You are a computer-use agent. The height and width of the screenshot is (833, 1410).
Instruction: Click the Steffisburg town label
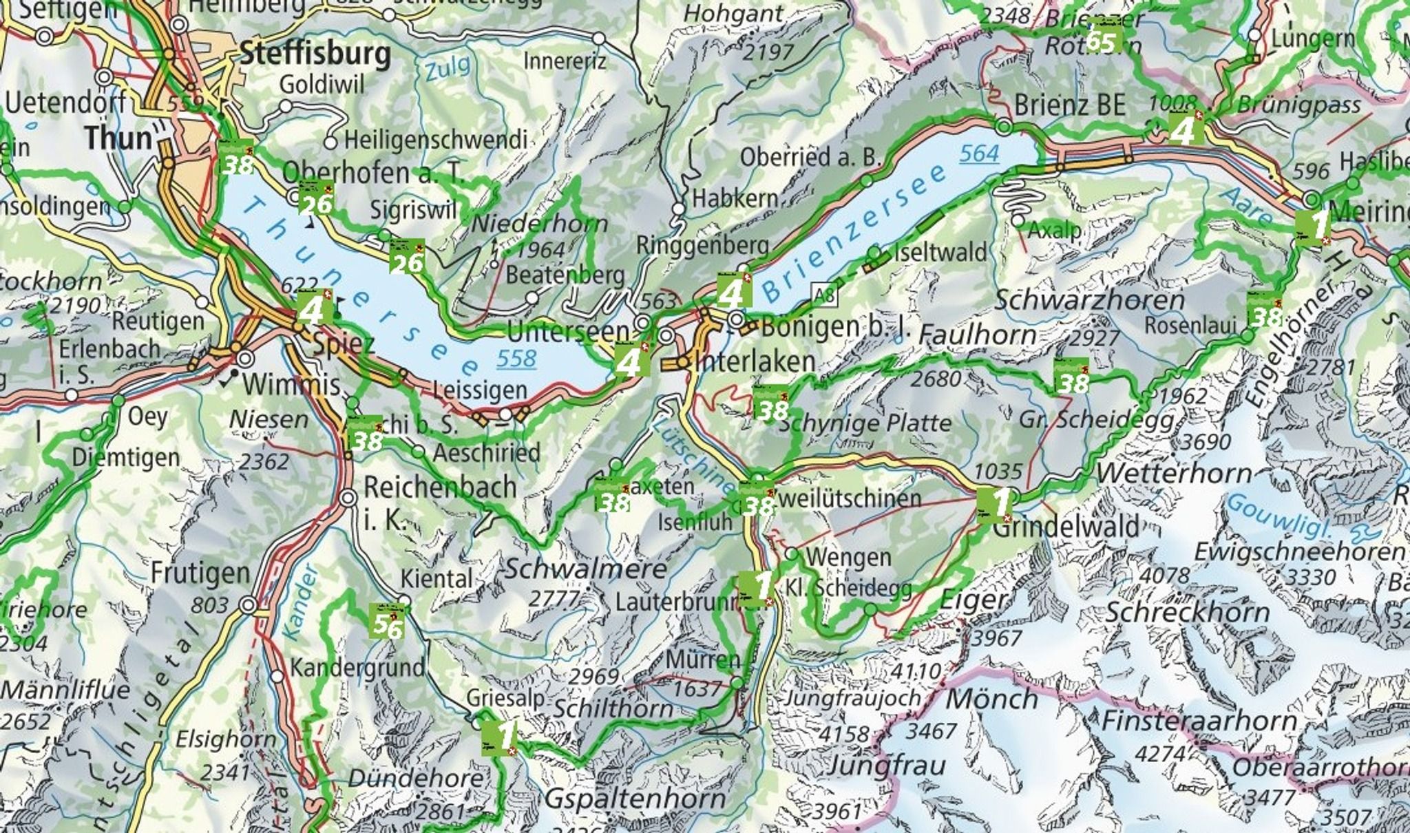(315, 53)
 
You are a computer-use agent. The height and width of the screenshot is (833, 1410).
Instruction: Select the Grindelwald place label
(1066, 527)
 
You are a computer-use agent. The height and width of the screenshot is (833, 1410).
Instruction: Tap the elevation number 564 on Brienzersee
(978, 154)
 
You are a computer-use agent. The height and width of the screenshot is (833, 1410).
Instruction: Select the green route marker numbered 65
(1101, 39)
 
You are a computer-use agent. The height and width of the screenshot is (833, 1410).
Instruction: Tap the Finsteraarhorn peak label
(1199, 721)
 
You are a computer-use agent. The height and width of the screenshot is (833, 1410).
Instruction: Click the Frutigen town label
(200, 573)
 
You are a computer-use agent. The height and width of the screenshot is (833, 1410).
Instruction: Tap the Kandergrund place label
(357, 668)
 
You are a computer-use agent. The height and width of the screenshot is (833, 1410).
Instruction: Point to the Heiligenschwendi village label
(435, 140)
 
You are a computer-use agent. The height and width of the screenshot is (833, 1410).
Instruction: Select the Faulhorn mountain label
(977, 335)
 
